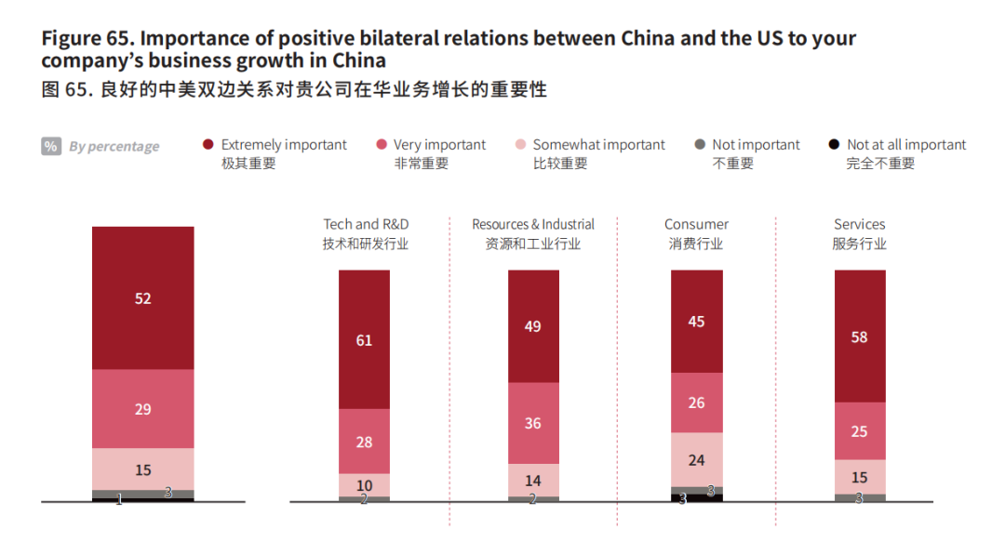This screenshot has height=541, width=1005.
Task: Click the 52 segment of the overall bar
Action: tap(142, 298)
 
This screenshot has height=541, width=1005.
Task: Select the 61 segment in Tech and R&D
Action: tap(364, 340)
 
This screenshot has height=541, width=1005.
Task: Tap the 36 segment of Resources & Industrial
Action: tap(533, 423)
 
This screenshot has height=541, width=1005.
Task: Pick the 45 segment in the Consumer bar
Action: tap(696, 322)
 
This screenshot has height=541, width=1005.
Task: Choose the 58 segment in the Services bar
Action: tap(859, 336)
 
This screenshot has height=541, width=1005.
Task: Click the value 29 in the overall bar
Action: tap(142, 409)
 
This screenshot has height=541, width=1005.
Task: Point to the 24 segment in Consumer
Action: tap(696, 459)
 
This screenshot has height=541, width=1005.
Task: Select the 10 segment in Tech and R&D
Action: tap(364, 485)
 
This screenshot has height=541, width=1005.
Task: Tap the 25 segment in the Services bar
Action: tap(859, 431)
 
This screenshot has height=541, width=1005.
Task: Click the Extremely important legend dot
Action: tap(208, 145)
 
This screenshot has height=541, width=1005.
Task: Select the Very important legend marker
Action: tap(382, 145)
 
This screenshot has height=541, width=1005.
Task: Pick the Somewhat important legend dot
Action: tap(521, 145)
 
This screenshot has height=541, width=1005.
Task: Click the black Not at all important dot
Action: tap(835, 145)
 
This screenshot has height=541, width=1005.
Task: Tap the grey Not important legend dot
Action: tap(700, 145)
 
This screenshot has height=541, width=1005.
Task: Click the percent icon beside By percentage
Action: tap(51, 146)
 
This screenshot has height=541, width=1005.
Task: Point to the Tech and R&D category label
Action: tap(366, 224)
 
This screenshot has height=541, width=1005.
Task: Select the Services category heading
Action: tap(859, 224)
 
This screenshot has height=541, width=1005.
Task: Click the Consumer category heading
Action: tap(696, 224)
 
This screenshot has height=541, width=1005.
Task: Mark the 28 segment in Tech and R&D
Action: tap(364, 442)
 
